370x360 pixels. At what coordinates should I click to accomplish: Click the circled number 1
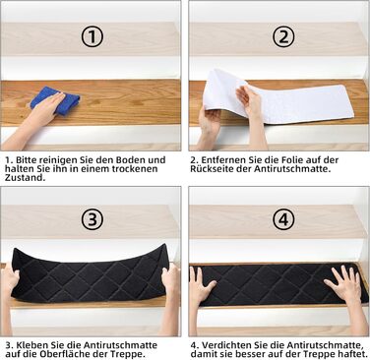coord(92,36)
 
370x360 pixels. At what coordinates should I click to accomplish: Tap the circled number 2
coord(283,36)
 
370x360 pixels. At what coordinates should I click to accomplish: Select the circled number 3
coord(92,219)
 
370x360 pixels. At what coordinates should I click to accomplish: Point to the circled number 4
coord(283,219)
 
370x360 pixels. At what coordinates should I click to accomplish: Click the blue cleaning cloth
coord(55,100)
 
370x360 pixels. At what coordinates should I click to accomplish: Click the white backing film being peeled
coord(278,98)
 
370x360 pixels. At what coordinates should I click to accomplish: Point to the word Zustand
coord(25,178)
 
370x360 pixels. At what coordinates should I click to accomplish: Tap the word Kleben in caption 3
coord(32,345)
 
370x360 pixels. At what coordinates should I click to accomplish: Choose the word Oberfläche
coord(65,354)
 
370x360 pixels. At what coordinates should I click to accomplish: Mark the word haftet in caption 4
coord(352,354)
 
